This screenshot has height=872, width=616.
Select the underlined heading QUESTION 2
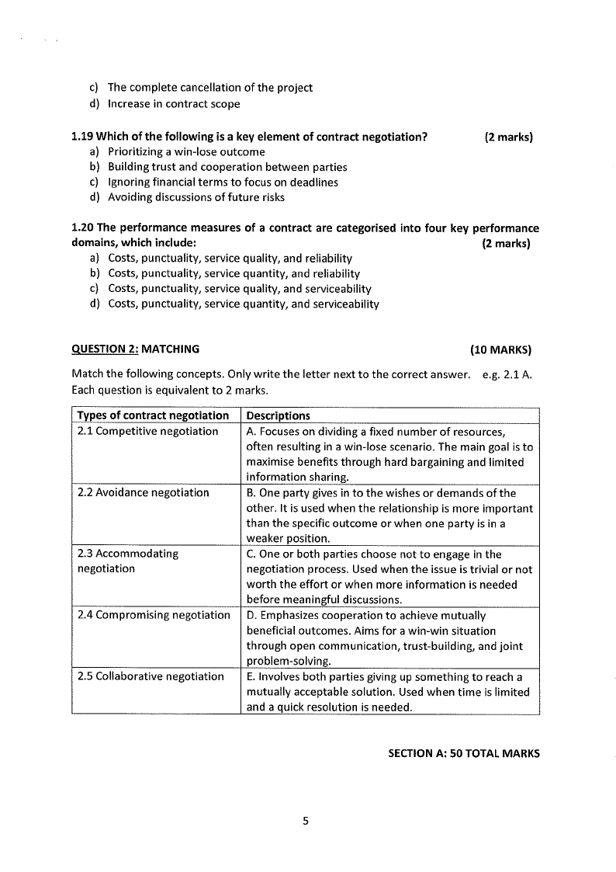[104, 349]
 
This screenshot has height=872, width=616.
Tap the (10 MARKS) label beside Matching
[500, 349]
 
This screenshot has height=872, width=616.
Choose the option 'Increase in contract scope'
[174, 104]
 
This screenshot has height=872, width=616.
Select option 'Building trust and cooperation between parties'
[227, 167]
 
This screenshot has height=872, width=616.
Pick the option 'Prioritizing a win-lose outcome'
[186, 152]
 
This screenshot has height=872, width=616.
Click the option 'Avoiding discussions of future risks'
[196, 197]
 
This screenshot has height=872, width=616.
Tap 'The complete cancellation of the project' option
[209, 88]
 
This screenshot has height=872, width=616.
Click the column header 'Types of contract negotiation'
[154, 415]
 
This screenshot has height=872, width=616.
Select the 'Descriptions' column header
[278, 415]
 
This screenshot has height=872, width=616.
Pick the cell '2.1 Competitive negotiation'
[148, 431]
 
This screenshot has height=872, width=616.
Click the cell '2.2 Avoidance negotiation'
[144, 492]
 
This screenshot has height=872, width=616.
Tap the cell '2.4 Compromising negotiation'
[154, 615]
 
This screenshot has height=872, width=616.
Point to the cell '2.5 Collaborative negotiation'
[151, 676]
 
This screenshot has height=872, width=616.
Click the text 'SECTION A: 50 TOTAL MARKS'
[463, 753]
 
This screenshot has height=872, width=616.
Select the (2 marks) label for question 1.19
[508, 137]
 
